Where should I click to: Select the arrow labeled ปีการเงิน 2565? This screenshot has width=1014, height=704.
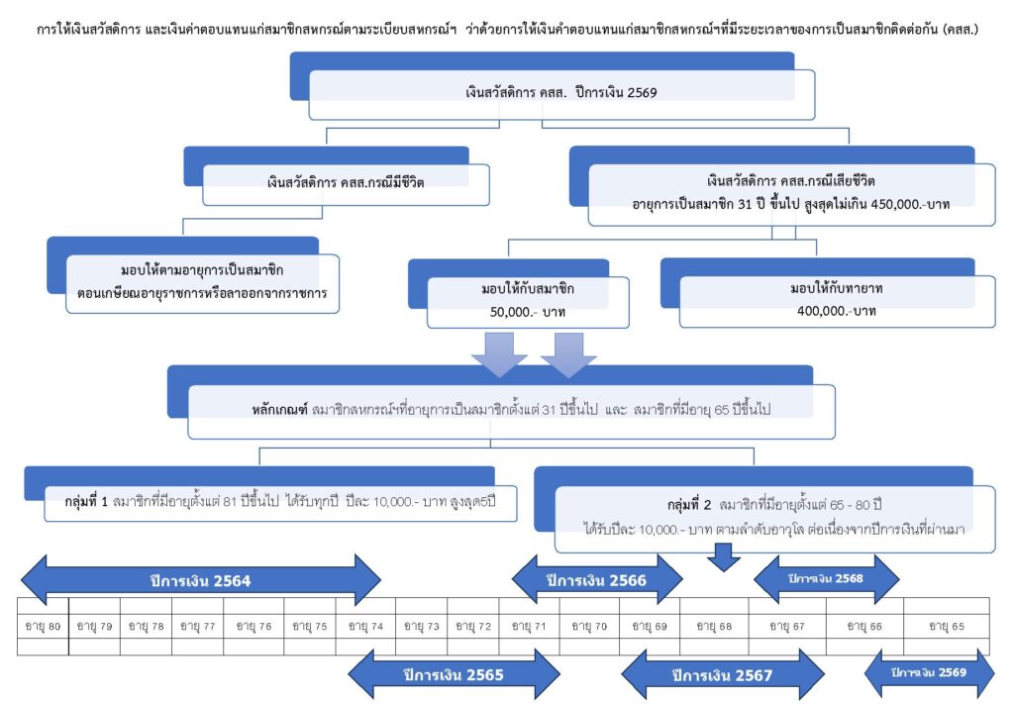(453, 674)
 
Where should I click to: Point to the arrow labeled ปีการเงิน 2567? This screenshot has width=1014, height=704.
(722, 675)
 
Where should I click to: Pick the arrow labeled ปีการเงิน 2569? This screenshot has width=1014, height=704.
(928, 672)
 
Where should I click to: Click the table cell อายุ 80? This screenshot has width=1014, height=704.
(42, 626)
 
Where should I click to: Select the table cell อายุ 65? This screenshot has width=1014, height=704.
(950, 626)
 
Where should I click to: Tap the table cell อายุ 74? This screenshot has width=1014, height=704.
(364, 626)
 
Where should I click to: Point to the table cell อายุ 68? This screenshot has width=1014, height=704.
(713, 626)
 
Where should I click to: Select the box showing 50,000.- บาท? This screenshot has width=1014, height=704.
(528, 302)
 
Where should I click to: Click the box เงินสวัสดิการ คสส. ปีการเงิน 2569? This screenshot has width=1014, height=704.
(560, 93)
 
